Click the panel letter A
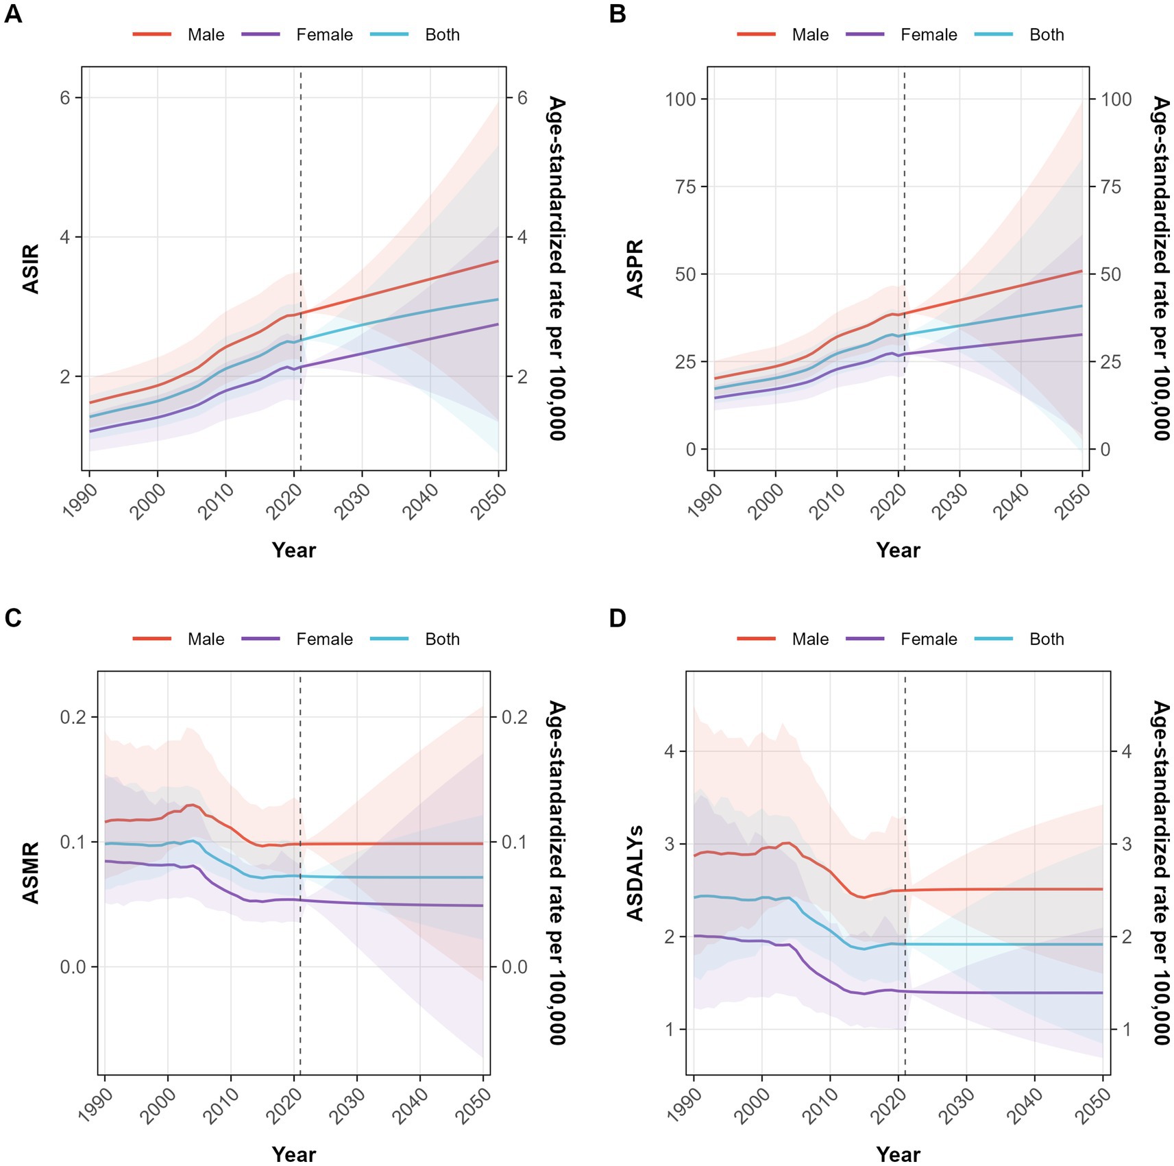pyautogui.click(x=12, y=13)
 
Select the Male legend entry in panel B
pyautogui.click(x=810, y=35)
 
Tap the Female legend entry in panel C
pyautogui.click(x=324, y=640)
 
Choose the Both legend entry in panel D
pyautogui.click(x=1047, y=640)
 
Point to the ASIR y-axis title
pyautogui.click(x=31, y=269)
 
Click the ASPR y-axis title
pyautogui.click(x=635, y=269)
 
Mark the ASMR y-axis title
pyautogui.click(x=31, y=873)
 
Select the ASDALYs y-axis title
pyautogui.click(x=635, y=873)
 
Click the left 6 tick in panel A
pyautogui.click(x=65, y=97)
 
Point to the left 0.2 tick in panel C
pyautogui.click(x=73, y=717)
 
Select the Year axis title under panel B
pyautogui.click(x=898, y=550)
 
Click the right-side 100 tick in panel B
pyautogui.click(x=1116, y=99)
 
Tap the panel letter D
pyautogui.click(x=617, y=618)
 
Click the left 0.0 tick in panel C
pyautogui.click(x=73, y=967)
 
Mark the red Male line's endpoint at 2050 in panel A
pyautogui.click(x=498, y=261)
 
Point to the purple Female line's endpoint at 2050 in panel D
pyautogui.click(x=1102, y=993)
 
